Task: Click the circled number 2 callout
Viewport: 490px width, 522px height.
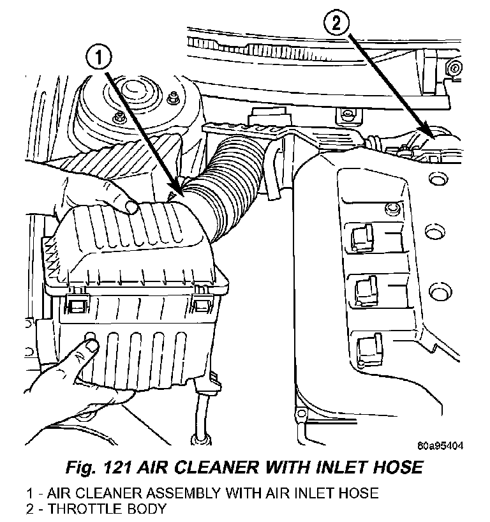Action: coord(337,24)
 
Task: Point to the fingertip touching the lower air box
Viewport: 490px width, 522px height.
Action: coord(90,347)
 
